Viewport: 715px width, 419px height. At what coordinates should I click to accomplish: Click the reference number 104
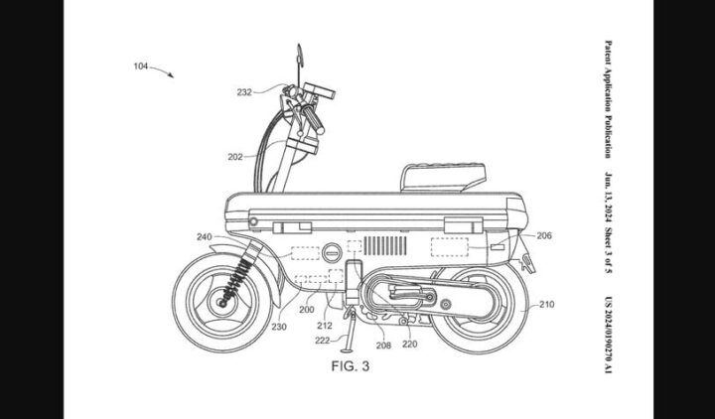coord(139,67)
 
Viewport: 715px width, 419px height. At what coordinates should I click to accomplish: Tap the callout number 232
coord(243,92)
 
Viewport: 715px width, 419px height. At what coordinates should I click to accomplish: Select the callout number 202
coord(235,156)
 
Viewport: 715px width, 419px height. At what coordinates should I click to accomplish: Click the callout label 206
coord(543,236)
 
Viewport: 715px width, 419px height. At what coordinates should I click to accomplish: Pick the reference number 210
coord(546,307)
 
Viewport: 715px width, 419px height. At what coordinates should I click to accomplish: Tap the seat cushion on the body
coord(443,176)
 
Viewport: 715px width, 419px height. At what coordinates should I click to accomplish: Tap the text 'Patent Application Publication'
coord(608,99)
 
